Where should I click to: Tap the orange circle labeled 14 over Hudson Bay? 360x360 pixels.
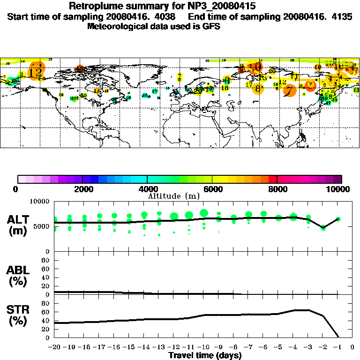(x=97, y=91)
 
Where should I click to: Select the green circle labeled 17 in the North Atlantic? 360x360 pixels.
(x=155, y=91)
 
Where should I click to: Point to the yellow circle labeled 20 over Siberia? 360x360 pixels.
(x=272, y=71)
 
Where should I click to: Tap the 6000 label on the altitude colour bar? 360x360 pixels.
(x=212, y=189)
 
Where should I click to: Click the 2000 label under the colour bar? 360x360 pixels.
(x=82, y=189)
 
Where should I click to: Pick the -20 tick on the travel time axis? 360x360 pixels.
(x=55, y=347)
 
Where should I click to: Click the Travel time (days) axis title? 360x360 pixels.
(x=205, y=356)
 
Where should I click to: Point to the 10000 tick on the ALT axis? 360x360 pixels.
(x=39, y=202)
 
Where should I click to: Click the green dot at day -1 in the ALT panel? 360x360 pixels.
(x=338, y=219)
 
